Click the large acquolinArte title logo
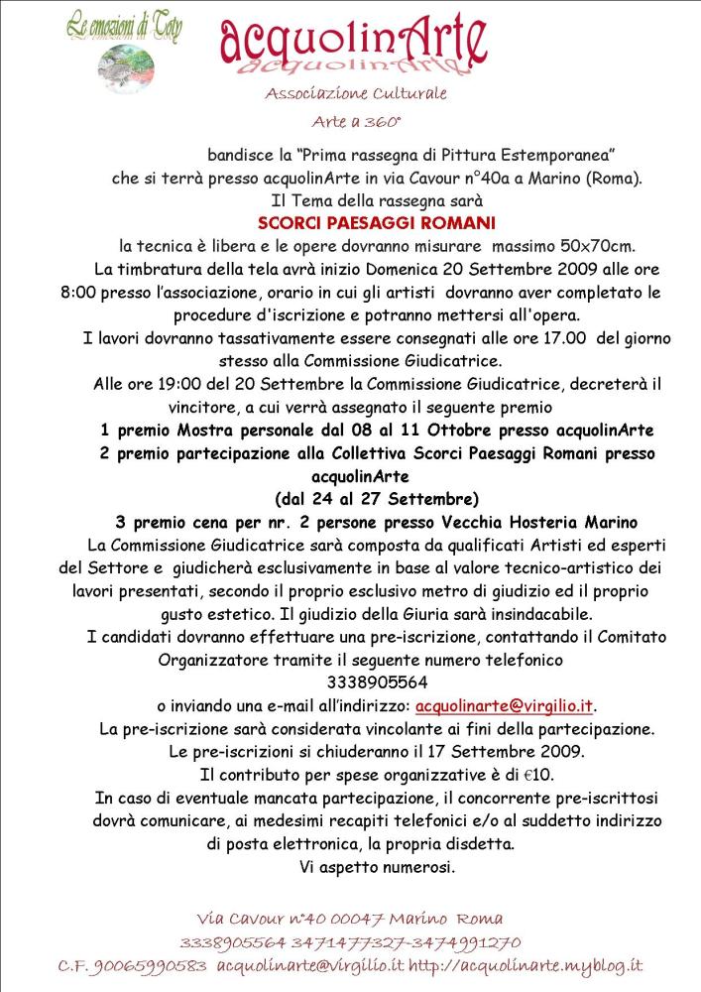[x=353, y=46]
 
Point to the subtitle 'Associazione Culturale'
[x=356, y=94]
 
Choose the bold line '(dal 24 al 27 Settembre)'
[x=377, y=498]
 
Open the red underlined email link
[x=505, y=705]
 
